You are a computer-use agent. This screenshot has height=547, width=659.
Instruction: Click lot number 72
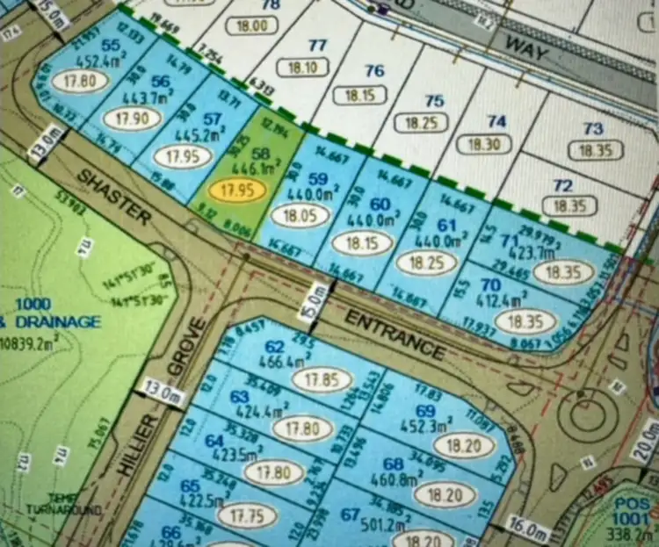pos(563,186)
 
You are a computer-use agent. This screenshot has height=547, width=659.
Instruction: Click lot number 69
pos(426,411)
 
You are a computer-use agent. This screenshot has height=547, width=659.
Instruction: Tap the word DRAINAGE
pos(57,322)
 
